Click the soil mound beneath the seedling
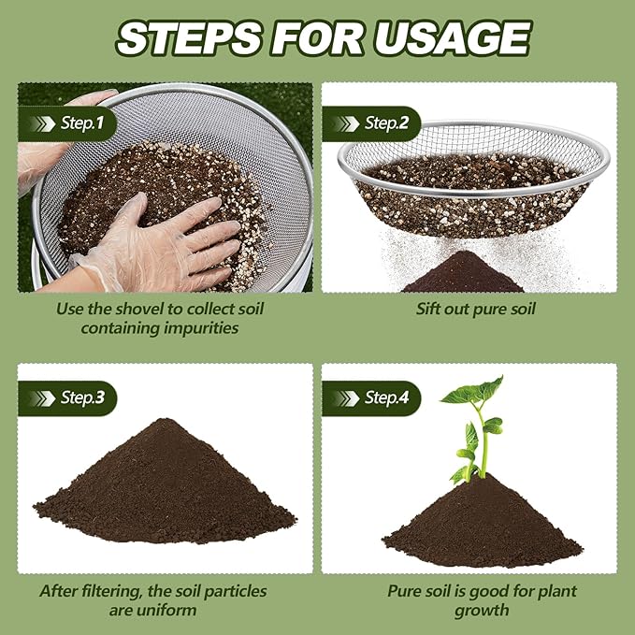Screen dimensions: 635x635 (482, 524)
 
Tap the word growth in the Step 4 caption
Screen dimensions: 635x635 (482, 611)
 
